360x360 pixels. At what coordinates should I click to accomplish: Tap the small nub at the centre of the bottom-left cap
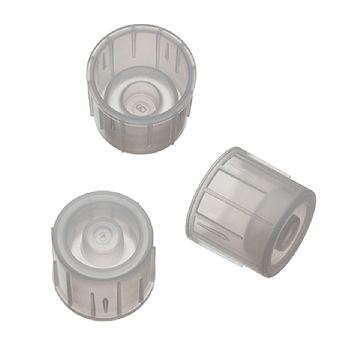tap(100, 232)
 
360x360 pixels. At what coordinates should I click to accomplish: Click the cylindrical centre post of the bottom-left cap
tap(100, 240)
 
